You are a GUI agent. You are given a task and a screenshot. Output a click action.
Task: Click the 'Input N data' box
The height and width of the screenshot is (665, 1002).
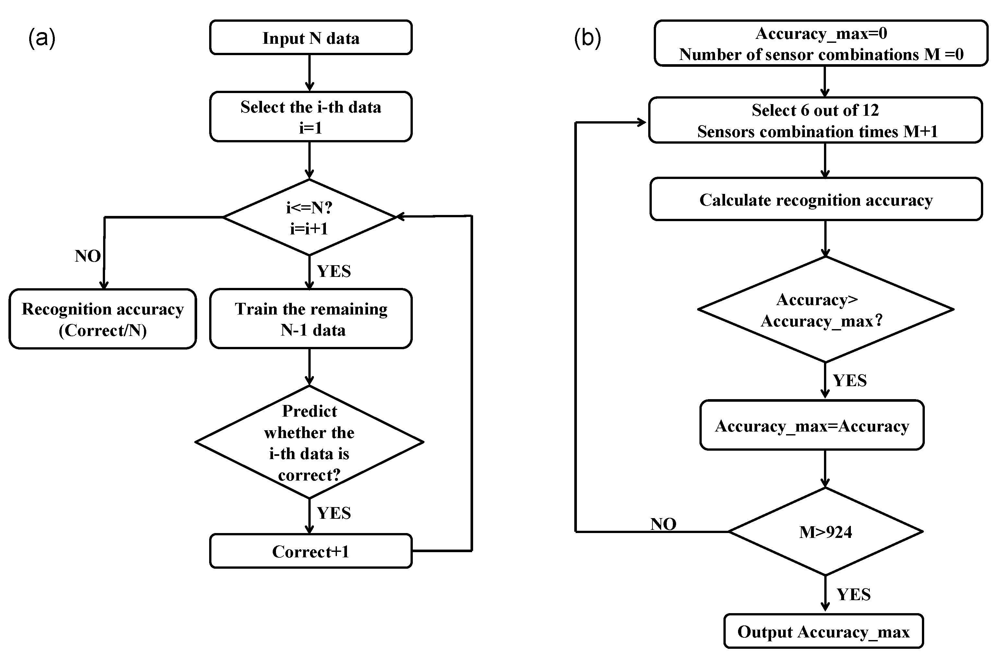click(x=310, y=38)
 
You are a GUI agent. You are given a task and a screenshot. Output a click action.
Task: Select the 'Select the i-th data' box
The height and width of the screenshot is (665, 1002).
click(x=310, y=117)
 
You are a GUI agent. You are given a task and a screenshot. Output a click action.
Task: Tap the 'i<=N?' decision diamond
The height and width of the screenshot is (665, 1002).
click(x=309, y=218)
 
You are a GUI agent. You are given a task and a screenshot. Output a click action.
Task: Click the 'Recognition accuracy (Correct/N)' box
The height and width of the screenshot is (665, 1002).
click(x=102, y=319)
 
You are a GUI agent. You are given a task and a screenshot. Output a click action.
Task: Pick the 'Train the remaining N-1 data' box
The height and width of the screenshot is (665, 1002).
click(x=310, y=319)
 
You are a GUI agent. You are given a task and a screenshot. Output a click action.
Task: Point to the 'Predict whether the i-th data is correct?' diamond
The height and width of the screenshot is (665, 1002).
click(x=309, y=442)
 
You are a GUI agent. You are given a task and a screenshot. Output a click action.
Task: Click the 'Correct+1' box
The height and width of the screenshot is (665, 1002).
click(x=310, y=551)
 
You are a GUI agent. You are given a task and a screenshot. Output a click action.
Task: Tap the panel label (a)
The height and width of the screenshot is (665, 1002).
click(x=42, y=38)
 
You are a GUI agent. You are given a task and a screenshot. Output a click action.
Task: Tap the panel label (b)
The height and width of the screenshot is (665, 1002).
click(x=587, y=38)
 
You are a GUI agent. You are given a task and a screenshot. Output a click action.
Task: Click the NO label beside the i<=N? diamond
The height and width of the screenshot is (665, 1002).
click(x=88, y=256)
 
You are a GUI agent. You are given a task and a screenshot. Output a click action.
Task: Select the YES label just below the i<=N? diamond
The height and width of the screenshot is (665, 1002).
click(x=334, y=271)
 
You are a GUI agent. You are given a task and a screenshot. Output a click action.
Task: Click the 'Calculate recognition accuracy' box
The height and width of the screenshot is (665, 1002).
click(x=816, y=199)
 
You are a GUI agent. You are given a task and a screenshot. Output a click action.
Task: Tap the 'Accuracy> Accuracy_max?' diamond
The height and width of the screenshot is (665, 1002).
click(x=825, y=310)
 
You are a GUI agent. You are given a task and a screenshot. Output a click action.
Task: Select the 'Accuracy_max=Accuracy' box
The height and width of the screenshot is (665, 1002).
click(x=812, y=425)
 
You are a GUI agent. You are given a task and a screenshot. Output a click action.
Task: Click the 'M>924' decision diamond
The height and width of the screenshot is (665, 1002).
click(x=825, y=531)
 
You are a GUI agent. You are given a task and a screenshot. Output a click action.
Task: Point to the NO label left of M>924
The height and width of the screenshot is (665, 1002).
click(x=663, y=524)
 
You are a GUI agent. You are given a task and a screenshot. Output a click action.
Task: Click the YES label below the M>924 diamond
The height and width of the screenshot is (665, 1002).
click(x=853, y=594)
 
